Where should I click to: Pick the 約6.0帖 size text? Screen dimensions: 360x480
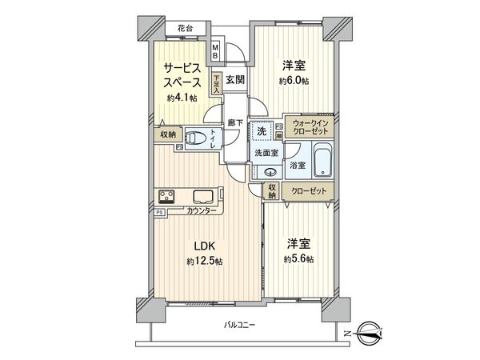coord(294,82)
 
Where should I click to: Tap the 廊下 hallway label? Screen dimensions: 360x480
coord(235,122)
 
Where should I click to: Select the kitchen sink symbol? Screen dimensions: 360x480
coord(200,196)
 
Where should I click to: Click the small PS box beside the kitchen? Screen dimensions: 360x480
coord(159,211)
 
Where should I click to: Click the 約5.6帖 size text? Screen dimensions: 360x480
coord(297,259)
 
